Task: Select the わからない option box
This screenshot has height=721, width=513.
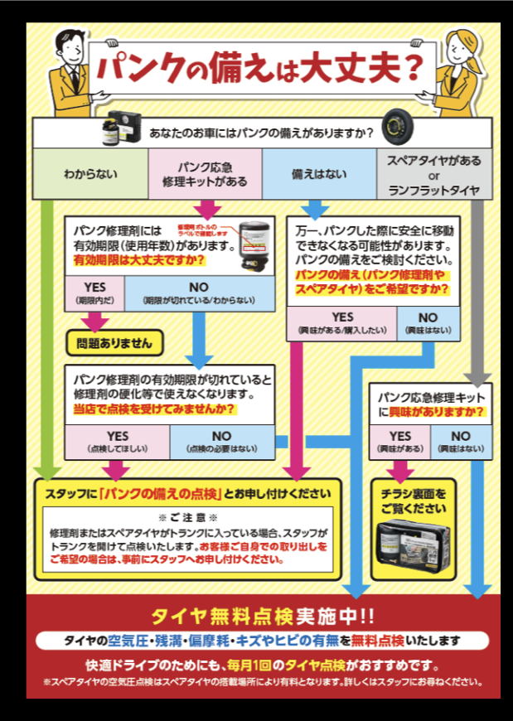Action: click(90, 175)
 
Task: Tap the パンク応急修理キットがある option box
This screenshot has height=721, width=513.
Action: click(206, 175)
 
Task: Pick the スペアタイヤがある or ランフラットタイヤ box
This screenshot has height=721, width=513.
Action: click(433, 175)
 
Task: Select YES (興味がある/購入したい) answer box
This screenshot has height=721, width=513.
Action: click(341, 322)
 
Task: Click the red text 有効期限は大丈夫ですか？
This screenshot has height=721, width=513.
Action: click(139, 259)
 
